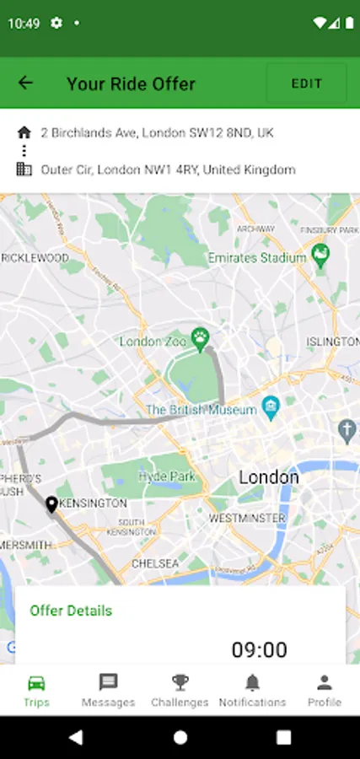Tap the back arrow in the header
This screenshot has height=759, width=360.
click(x=25, y=83)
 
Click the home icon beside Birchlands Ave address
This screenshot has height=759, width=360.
click(x=24, y=132)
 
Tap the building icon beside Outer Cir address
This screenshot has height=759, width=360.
click(x=24, y=170)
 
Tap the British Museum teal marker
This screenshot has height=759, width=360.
click(x=271, y=408)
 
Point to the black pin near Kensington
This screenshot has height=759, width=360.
click(x=51, y=504)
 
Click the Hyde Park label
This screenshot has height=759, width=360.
click(x=166, y=475)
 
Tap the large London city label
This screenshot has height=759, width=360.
click(x=268, y=477)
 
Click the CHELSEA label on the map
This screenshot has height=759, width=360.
click(x=154, y=563)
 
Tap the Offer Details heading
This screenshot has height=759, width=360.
click(x=71, y=610)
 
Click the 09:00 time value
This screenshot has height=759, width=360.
click(x=259, y=649)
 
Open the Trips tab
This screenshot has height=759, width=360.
click(x=36, y=690)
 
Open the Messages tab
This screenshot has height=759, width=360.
click(x=108, y=690)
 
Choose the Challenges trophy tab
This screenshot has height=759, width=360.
click(x=180, y=690)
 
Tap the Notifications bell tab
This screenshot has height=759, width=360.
click(x=252, y=690)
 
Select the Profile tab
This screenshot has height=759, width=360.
click(x=324, y=690)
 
